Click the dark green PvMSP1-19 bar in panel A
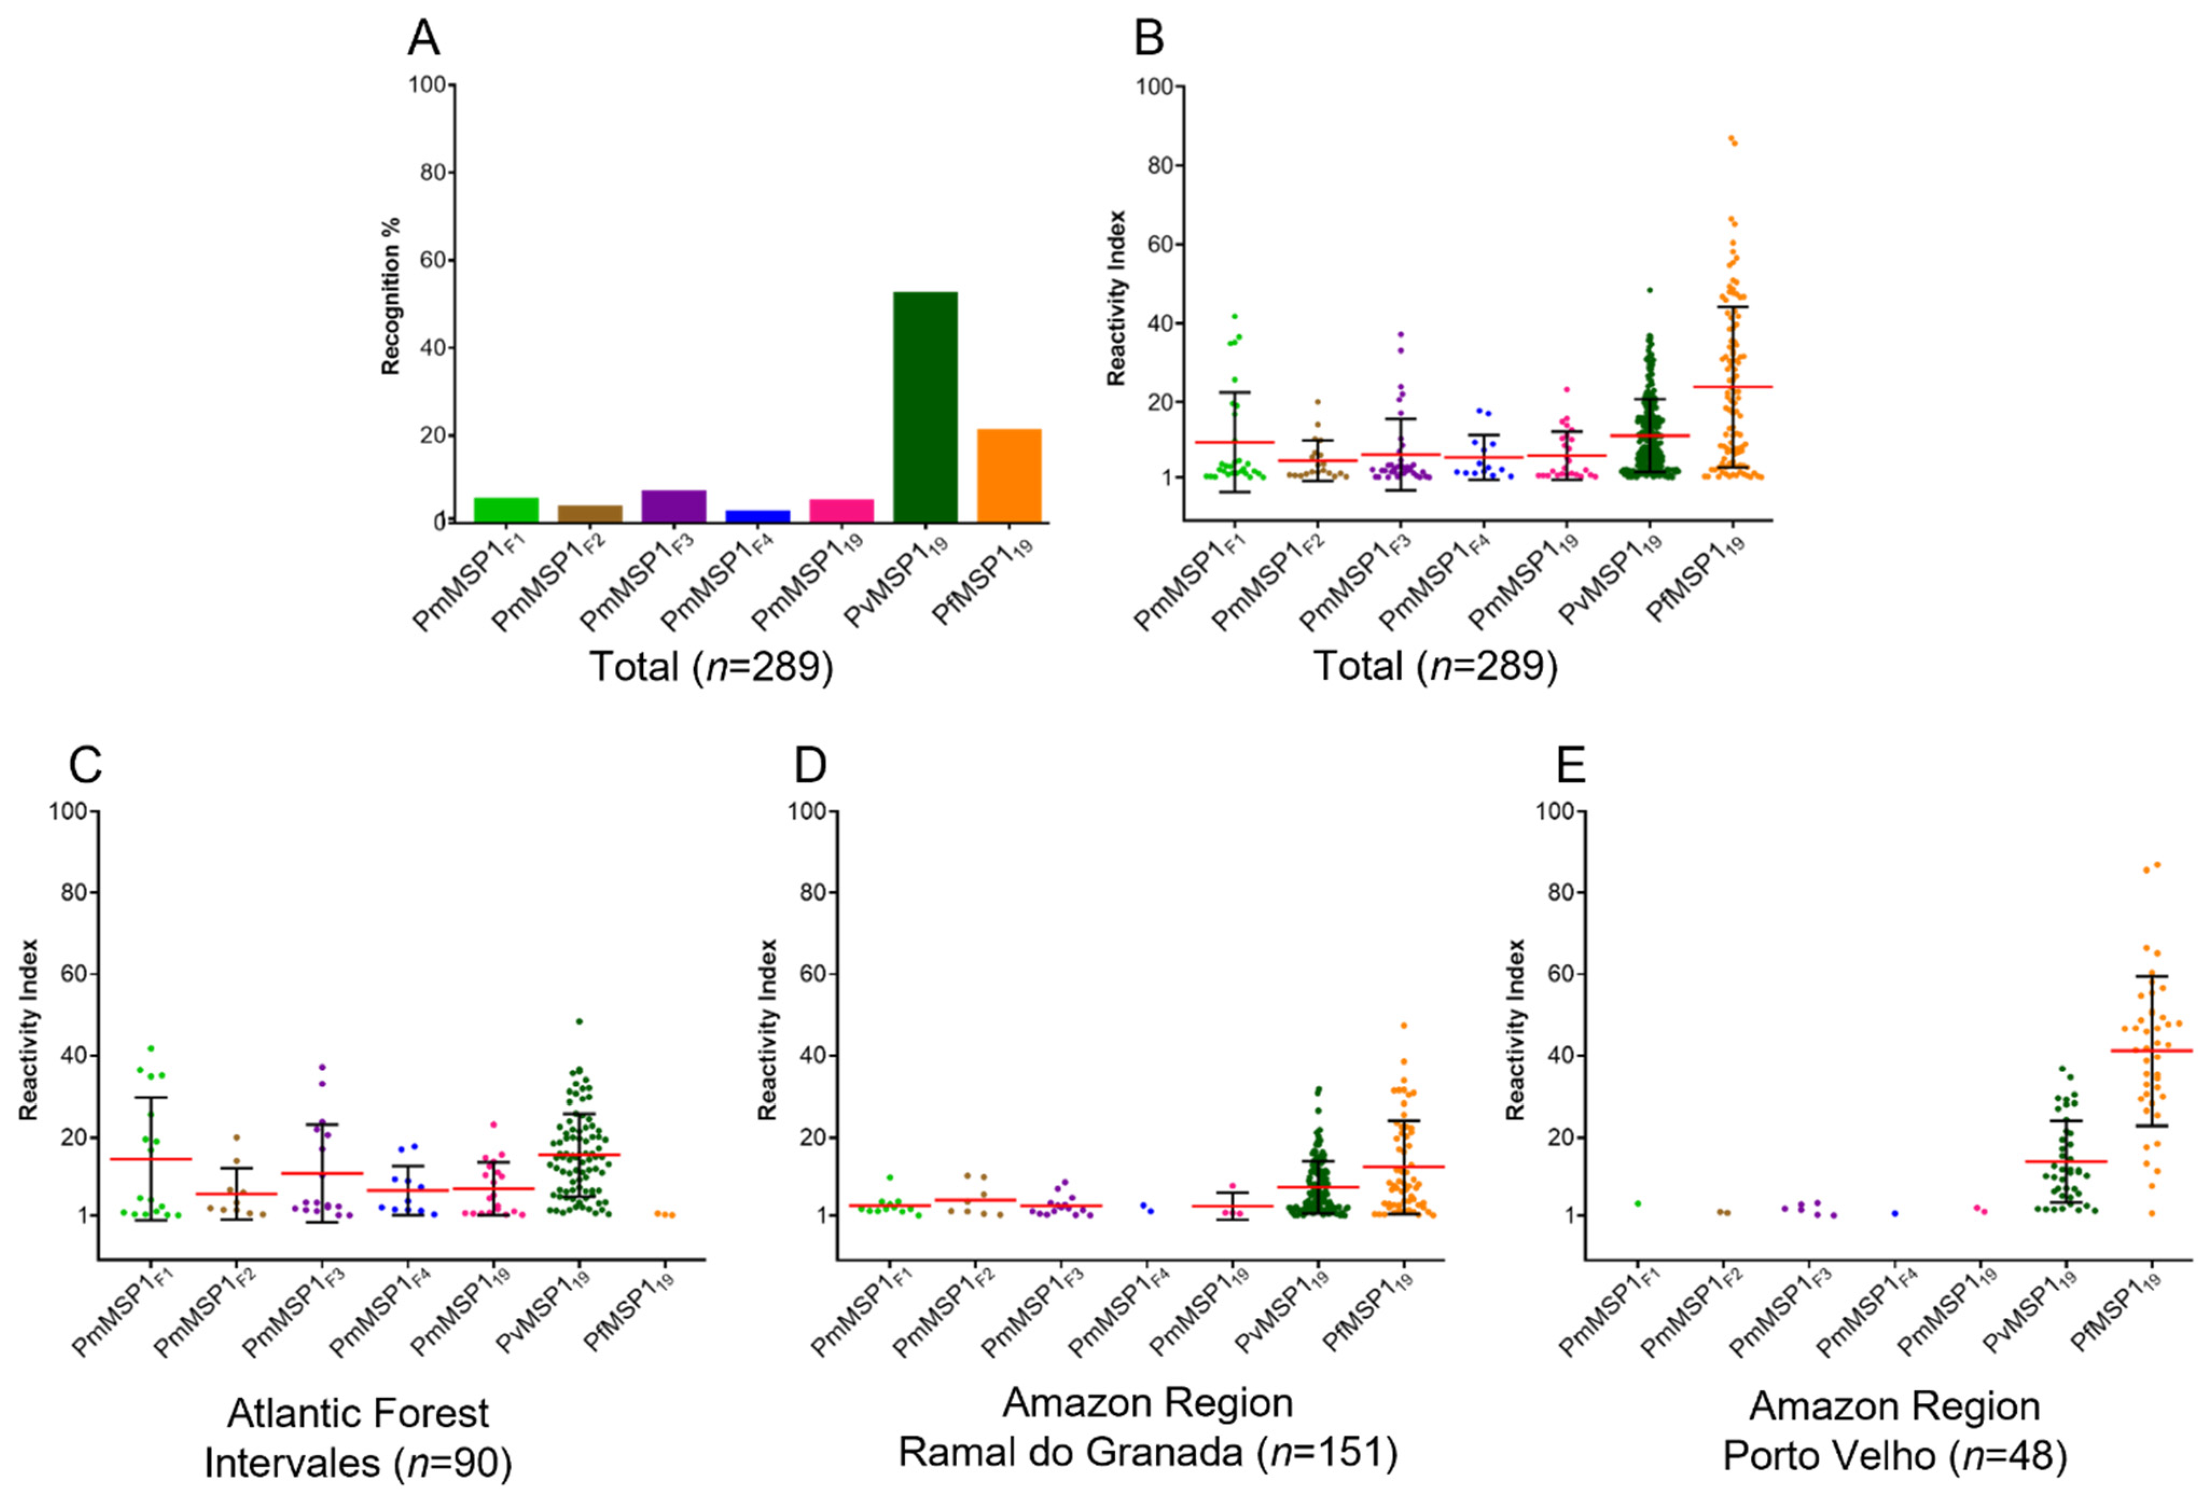925,406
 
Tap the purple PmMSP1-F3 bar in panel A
674,506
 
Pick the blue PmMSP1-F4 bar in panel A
757,516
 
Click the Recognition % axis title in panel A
390,296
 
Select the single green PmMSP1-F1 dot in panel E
1638,1203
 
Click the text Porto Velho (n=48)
1894,1456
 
